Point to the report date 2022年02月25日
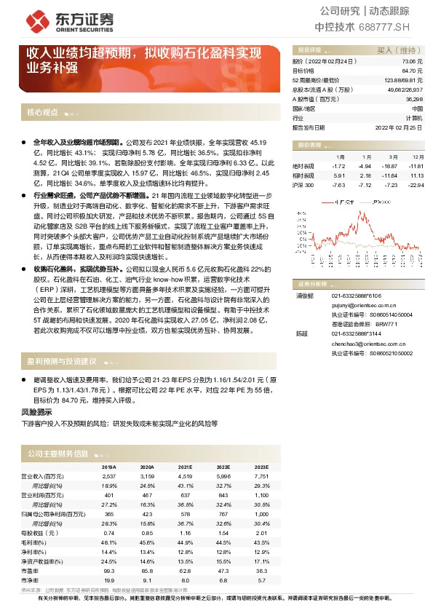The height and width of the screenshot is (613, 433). point(399,126)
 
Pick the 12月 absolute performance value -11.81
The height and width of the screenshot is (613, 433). point(416,166)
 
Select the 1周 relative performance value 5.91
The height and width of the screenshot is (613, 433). point(338,175)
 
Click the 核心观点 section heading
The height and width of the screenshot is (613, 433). point(42,113)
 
